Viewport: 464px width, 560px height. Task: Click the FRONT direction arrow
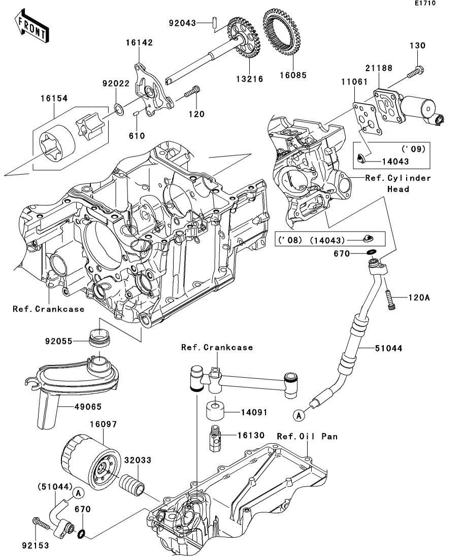31,26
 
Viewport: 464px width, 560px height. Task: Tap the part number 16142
139,43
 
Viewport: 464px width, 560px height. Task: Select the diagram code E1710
425,3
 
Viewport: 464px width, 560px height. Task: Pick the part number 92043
183,23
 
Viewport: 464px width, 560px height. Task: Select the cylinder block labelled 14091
216,411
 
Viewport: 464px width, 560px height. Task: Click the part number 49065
88,407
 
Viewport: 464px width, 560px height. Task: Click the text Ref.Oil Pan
307,436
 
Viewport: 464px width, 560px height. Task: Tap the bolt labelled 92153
42,524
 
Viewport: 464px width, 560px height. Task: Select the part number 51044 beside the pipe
389,348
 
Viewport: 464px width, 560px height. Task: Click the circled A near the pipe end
299,415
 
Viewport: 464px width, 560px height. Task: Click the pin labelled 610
136,114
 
